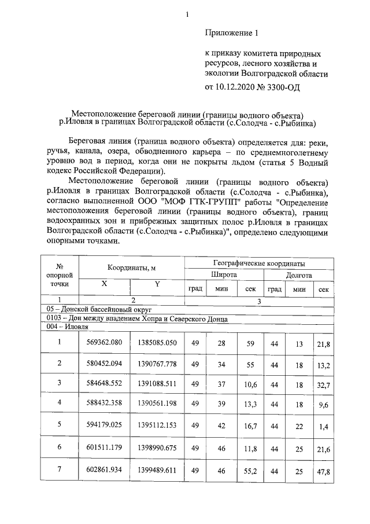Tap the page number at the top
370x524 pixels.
pos(187,8)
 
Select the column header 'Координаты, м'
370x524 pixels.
pos(131,267)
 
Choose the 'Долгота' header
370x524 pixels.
pos(299,276)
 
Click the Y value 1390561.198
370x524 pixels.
pos(157,403)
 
